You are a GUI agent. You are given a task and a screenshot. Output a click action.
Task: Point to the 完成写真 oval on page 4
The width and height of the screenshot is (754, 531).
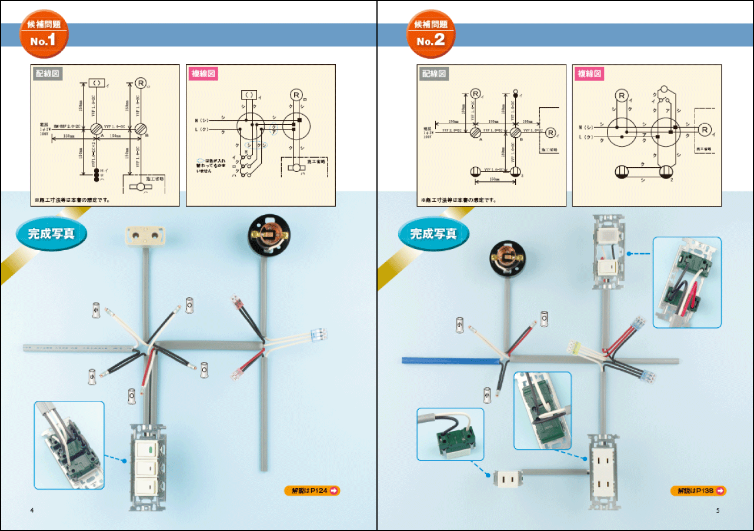coord(52,234)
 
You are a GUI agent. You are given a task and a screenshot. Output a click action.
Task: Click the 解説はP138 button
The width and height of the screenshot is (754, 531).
coord(698,490)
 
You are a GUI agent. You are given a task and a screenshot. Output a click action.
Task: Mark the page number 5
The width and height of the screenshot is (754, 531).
coord(718,510)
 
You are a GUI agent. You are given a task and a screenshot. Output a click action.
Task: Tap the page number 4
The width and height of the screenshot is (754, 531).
coord(32,510)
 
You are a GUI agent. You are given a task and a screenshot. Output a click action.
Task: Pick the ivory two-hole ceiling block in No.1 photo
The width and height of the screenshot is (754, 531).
coord(145,235)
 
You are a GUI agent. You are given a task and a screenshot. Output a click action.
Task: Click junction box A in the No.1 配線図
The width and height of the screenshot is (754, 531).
coord(95,128)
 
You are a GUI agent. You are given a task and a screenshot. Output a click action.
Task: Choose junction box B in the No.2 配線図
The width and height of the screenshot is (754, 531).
coord(516,132)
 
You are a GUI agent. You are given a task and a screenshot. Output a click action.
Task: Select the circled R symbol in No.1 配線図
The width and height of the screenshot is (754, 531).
coord(140,82)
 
